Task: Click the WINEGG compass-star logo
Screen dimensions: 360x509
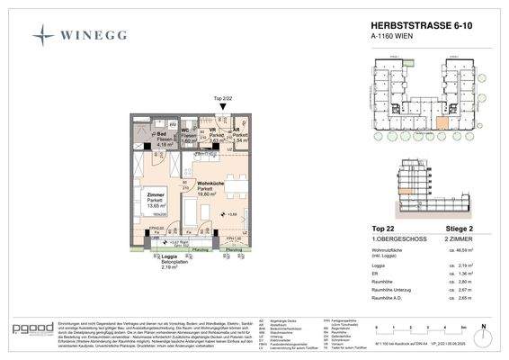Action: click(x=45, y=35)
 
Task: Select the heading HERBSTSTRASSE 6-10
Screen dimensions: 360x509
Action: click(x=415, y=27)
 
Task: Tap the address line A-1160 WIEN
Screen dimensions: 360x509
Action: click(x=392, y=38)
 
